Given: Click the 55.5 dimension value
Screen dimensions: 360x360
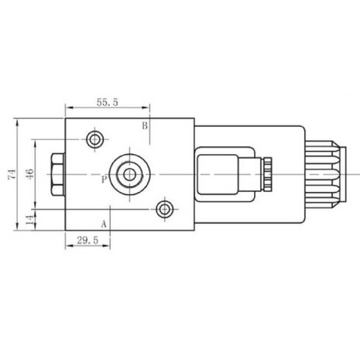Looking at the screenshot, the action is (108, 102).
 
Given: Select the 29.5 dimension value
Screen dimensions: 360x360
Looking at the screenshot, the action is (87, 241).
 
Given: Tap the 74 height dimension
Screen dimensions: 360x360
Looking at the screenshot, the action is (12, 174).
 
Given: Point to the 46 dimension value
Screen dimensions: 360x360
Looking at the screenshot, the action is (29, 174).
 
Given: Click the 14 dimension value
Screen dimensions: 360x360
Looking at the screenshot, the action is (30, 219).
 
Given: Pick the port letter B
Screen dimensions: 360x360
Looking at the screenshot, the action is (145, 125).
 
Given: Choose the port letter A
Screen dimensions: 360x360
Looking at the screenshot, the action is (104, 224).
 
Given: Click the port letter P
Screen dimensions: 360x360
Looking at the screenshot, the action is (104, 179).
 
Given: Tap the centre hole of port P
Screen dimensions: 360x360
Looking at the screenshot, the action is (129, 174).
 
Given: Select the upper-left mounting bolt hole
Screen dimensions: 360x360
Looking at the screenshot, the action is (95, 139).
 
